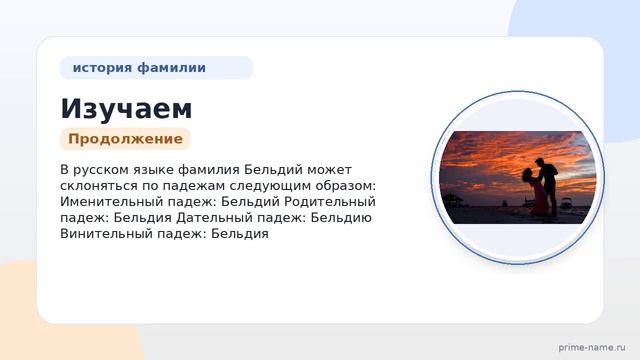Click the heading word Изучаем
tap(126, 109)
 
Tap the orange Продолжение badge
tap(125, 139)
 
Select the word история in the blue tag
tap(102, 68)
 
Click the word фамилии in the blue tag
tap(171, 67)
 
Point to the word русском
tap(99, 170)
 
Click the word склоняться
tap(99, 186)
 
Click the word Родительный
tap(330, 202)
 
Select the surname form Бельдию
tap(341, 218)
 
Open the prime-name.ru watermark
tap(592, 348)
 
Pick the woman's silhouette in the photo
tap(533, 191)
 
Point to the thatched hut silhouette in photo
tap(452, 200)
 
